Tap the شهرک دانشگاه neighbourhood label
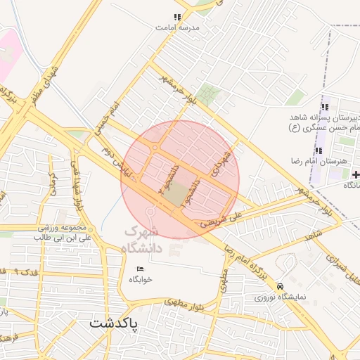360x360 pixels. tap(152, 240)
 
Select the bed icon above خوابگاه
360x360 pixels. tap(140, 269)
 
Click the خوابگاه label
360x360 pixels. tap(141, 279)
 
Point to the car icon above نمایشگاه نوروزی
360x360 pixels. tap(281, 286)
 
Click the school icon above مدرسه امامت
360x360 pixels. tap(178, 17)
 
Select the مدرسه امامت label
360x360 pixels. tap(178, 27)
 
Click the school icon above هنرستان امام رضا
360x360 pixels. tap(319, 150)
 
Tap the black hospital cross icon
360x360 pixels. tap(356, 174)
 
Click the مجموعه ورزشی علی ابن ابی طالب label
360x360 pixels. tap(63, 233)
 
